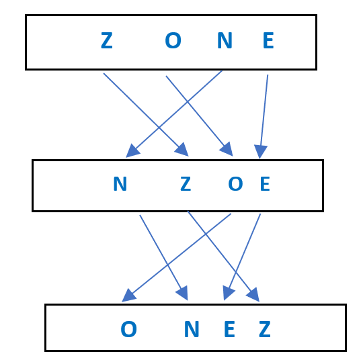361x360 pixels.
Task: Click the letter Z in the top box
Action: [107, 40]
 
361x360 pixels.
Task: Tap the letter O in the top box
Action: [173, 40]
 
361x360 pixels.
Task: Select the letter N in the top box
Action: [225, 40]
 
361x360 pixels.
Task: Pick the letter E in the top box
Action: [268, 40]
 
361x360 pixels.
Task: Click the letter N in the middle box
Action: [120, 183]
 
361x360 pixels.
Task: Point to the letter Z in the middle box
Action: [186, 183]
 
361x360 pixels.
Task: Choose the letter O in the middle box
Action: [235, 183]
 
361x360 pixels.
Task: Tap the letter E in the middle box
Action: [265, 183]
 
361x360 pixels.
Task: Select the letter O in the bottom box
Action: [128, 329]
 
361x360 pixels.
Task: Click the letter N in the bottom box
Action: [192, 329]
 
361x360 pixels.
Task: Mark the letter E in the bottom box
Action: [229, 329]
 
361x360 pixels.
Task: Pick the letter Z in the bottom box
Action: [265, 329]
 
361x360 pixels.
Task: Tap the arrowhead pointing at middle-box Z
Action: [183, 150]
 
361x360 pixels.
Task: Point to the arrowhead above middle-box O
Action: [227, 150]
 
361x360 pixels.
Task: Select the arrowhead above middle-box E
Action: [260, 151]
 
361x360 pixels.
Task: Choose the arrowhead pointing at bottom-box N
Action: [183, 294]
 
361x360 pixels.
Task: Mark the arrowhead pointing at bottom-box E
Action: [228, 292]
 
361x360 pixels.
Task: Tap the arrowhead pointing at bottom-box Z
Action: [253, 295]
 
